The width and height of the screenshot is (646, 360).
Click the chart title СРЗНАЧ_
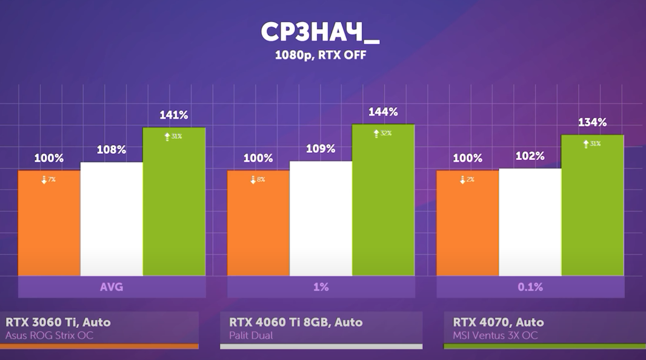coord(320,33)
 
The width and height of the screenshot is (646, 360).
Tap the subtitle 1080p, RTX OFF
coord(321,55)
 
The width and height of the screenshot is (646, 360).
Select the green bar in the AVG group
coord(174,203)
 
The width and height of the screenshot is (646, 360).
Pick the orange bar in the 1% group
coord(258,224)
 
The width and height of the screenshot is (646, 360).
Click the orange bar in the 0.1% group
coord(467,224)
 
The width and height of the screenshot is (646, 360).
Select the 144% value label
coord(383,112)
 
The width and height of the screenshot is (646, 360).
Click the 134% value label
coord(592,122)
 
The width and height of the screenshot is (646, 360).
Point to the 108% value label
coord(112,150)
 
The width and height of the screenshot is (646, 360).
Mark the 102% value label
coord(530,156)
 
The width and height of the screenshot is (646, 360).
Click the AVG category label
coord(112,287)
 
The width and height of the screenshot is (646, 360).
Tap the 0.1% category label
coord(530,287)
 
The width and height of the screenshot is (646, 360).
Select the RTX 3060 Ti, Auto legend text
coord(58,322)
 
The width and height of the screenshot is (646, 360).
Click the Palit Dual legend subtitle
coord(251,335)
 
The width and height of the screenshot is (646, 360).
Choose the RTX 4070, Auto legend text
coord(498,322)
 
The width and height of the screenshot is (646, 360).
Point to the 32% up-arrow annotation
coord(382,133)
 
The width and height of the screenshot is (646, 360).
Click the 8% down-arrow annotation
coord(257,180)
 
